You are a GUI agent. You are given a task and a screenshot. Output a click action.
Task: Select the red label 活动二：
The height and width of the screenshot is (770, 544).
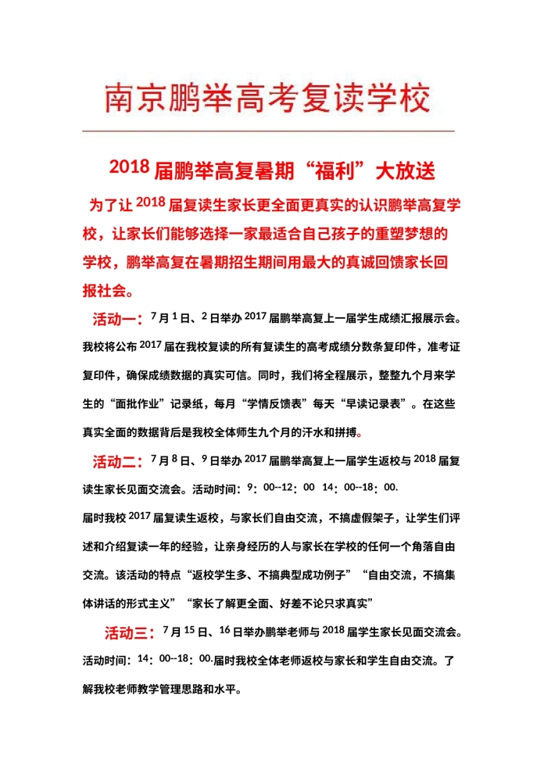(117, 460)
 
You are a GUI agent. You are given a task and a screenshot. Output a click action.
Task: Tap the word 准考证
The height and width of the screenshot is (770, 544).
(442, 349)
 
